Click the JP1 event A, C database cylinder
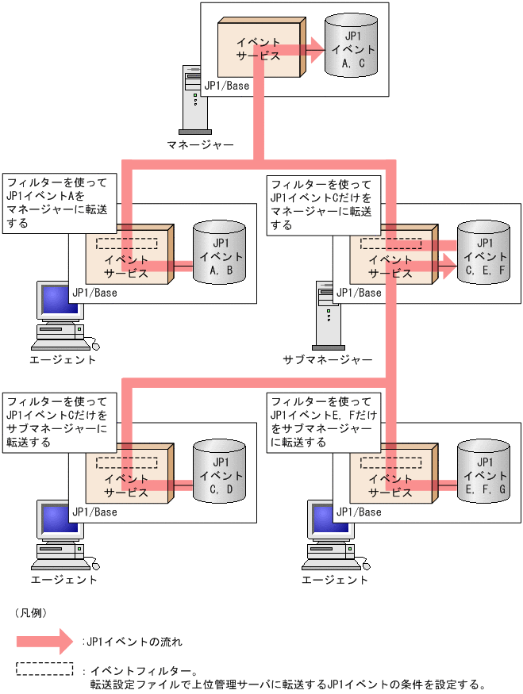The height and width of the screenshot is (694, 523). point(350,48)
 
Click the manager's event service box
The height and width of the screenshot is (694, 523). point(259,48)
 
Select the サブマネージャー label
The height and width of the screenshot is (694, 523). point(328,359)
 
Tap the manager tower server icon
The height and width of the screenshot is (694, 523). point(194,98)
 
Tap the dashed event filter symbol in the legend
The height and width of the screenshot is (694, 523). point(44,669)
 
